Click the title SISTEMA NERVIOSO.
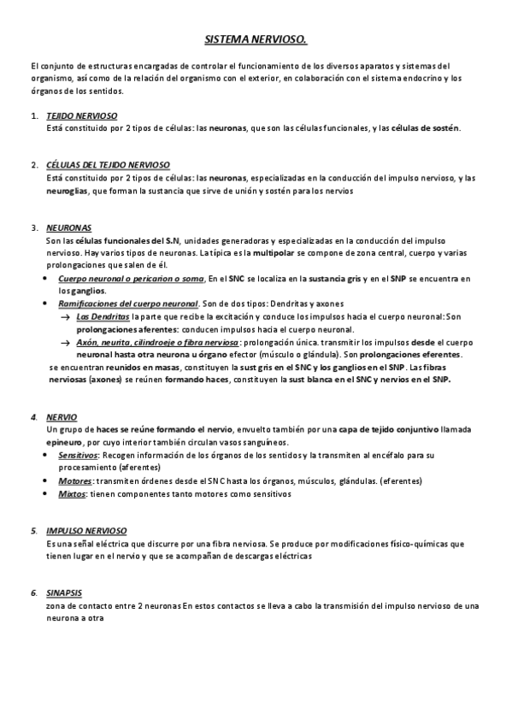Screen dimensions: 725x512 point(256,39)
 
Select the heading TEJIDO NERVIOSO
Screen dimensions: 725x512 point(82,115)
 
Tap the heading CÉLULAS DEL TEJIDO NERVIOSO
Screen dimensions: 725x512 point(108,164)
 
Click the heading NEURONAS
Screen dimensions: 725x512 point(69,228)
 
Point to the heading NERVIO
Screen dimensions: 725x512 point(62,416)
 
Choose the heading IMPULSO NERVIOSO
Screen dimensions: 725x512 point(87,531)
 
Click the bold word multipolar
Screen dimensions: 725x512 point(276,254)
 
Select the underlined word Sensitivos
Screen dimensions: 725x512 point(78,455)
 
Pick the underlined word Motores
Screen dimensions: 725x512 point(74,480)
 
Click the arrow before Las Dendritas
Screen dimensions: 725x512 point(66,317)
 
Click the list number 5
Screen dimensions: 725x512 point(33,531)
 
